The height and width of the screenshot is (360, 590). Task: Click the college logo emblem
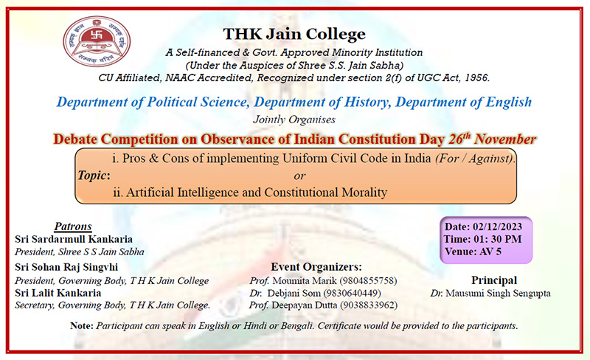(x=97, y=41)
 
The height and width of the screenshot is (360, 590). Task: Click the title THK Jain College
(x=294, y=34)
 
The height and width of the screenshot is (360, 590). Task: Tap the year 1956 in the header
(x=477, y=78)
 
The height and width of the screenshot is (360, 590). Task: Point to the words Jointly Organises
(x=294, y=120)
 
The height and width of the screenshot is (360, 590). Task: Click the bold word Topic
(x=92, y=176)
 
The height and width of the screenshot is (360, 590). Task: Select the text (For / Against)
(x=474, y=159)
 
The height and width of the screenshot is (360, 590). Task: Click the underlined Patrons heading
(x=73, y=226)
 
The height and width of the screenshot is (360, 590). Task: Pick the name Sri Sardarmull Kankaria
(x=74, y=239)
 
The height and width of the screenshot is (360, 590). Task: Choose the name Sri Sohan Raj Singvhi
(x=66, y=267)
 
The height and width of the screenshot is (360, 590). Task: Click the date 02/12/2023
(x=497, y=226)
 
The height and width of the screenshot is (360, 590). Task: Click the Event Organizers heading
(x=316, y=267)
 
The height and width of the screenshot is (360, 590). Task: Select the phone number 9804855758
(x=368, y=281)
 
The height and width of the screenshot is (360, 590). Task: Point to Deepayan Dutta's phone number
(x=369, y=305)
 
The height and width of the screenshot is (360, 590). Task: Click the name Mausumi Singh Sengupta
(x=499, y=294)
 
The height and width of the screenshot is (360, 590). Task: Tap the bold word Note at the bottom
(x=81, y=326)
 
